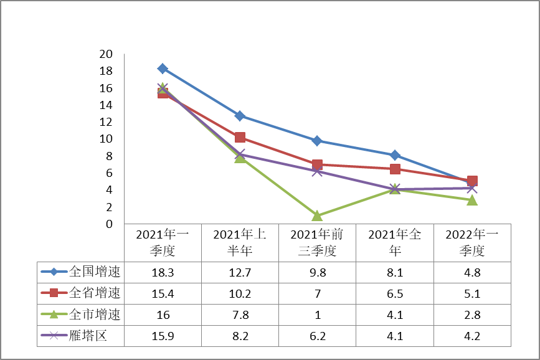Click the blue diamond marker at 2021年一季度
tap(163, 69)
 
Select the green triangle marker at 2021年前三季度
tap(317, 216)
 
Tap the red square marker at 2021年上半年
tap(240, 137)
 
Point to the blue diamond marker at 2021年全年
tap(395, 155)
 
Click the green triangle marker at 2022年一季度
tap(472, 200)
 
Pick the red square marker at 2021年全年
tap(395, 169)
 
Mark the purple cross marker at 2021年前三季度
tap(317, 171)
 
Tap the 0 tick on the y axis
tap(109, 224)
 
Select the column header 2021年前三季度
tap(317, 242)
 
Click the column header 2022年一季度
tap(472, 242)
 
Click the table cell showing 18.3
tap(163, 272)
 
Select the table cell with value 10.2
tap(240, 293)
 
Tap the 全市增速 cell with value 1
tap(317, 315)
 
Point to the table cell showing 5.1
tap(472, 293)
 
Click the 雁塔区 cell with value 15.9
tap(163, 336)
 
